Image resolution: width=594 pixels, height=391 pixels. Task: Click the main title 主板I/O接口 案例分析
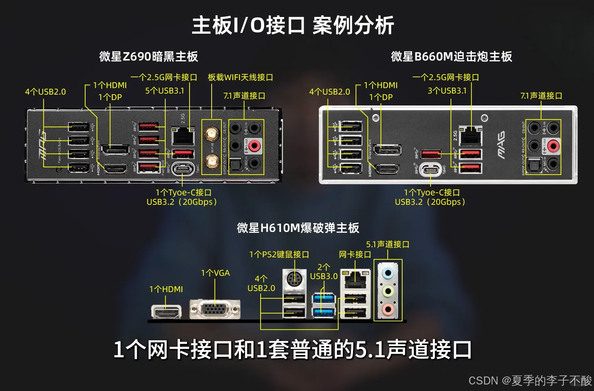[293, 25]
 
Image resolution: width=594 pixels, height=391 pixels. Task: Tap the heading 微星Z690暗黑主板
[149, 57]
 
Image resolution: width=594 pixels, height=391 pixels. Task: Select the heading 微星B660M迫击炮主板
[451, 57]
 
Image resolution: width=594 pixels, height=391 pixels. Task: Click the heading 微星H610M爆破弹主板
[298, 228]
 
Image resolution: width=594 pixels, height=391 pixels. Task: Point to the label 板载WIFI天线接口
[240, 77]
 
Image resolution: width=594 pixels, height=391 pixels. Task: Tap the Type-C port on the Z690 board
[183, 169]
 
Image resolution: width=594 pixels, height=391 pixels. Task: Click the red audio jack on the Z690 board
[254, 146]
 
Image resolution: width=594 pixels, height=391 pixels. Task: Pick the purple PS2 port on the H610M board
[293, 280]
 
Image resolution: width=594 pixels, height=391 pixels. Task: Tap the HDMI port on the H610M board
[166, 312]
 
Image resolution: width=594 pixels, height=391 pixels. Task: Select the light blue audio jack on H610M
[388, 273]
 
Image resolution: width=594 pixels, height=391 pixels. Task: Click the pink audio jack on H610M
[388, 309]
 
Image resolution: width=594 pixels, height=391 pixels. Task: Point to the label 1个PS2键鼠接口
[279, 254]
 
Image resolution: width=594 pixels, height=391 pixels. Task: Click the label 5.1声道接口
[387, 244]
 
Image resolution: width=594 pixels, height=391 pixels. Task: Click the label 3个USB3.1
[447, 91]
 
